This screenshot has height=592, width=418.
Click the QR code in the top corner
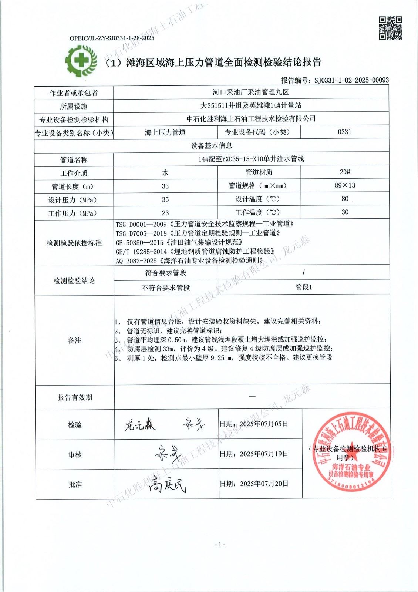click(391, 28)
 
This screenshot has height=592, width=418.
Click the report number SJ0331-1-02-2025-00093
click(351, 80)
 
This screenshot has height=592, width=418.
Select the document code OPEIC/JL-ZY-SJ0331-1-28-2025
click(112, 38)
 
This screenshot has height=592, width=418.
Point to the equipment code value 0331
click(344, 132)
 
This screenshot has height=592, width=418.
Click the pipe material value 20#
click(345, 172)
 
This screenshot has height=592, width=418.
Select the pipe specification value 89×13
click(345, 185)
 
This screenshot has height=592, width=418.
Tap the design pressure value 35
click(165, 199)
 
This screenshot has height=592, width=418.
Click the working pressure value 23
click(165, 213)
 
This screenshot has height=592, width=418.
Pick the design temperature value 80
click(345, 199)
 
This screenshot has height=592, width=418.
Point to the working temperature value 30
click(345, 212)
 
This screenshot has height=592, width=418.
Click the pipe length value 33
click(165, 186)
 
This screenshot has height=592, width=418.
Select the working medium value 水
click(165, 173)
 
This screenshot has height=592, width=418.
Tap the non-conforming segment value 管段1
click(304, 287)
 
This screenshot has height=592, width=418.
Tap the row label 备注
click(75, 340)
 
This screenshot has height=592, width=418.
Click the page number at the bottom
click(220, 544)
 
